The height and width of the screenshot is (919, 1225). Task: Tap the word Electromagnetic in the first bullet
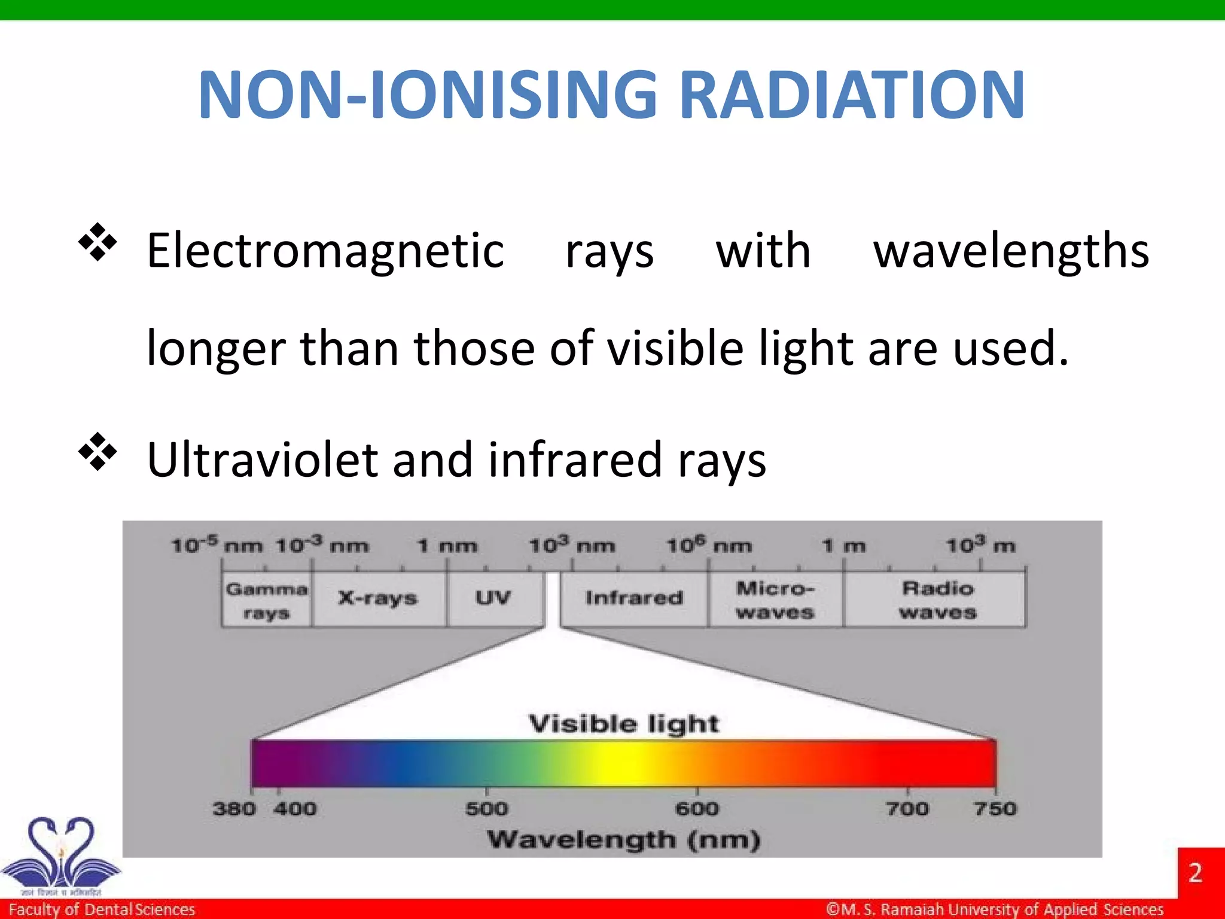point(325,251)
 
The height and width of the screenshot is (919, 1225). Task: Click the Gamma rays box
point(266,600)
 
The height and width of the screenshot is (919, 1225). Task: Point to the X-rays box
point(378,598)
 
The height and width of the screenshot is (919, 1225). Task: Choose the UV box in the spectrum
point(493,598)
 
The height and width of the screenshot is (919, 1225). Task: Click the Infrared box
point(634,598)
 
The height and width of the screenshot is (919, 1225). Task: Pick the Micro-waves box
point(775,600)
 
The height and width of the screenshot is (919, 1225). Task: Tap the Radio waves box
point(937,600)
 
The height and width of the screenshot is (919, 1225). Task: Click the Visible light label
point(624,724)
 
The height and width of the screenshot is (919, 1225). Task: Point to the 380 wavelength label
point(234,809)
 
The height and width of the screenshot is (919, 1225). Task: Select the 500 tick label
point(486,809)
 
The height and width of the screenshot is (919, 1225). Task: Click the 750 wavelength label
point(995,809)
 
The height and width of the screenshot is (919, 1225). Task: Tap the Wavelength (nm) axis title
point(624,840)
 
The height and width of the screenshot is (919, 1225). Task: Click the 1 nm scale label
point(447,546)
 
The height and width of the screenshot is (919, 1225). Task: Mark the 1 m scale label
point(844,546)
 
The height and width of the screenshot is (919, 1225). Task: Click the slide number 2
point(1195,873)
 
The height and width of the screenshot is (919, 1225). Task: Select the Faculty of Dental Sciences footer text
point(102,909)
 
